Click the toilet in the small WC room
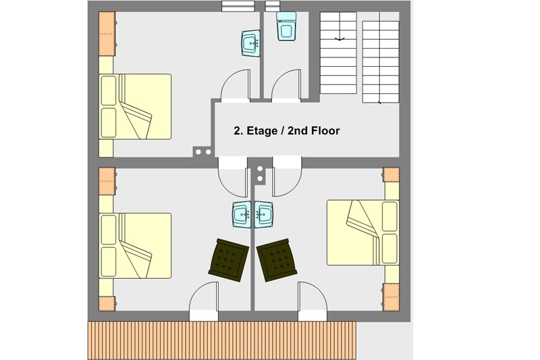(286, 26)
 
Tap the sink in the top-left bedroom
(250, 43)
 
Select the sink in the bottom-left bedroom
(242, 215)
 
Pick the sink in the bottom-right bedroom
(264, 215)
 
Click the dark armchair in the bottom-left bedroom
(228, 258)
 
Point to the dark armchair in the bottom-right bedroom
(277, 259)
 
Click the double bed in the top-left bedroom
(135, 107)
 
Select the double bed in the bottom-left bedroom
(135, 246)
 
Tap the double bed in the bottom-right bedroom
(363, 232)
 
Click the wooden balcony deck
(222, 340)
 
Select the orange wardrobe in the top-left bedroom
(107, 34)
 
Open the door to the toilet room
(286, 86)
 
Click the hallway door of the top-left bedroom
(235, 86)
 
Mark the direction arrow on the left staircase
(340, 39)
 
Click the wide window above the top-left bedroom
(238, 6)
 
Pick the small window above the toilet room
(273, 6)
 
